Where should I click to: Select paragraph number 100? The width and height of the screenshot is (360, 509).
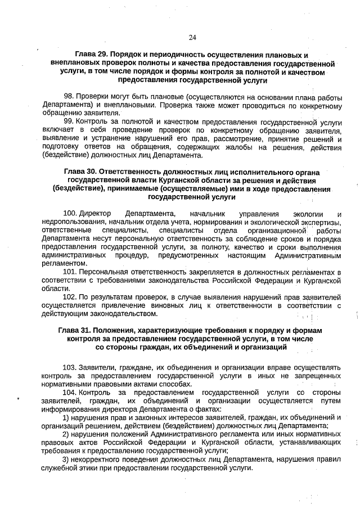coord(70,214)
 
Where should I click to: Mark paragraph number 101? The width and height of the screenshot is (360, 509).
coord(70,272)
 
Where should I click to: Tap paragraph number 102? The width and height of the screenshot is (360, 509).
coord(70,296)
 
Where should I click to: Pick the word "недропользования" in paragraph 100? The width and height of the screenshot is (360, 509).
coord(70,222)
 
